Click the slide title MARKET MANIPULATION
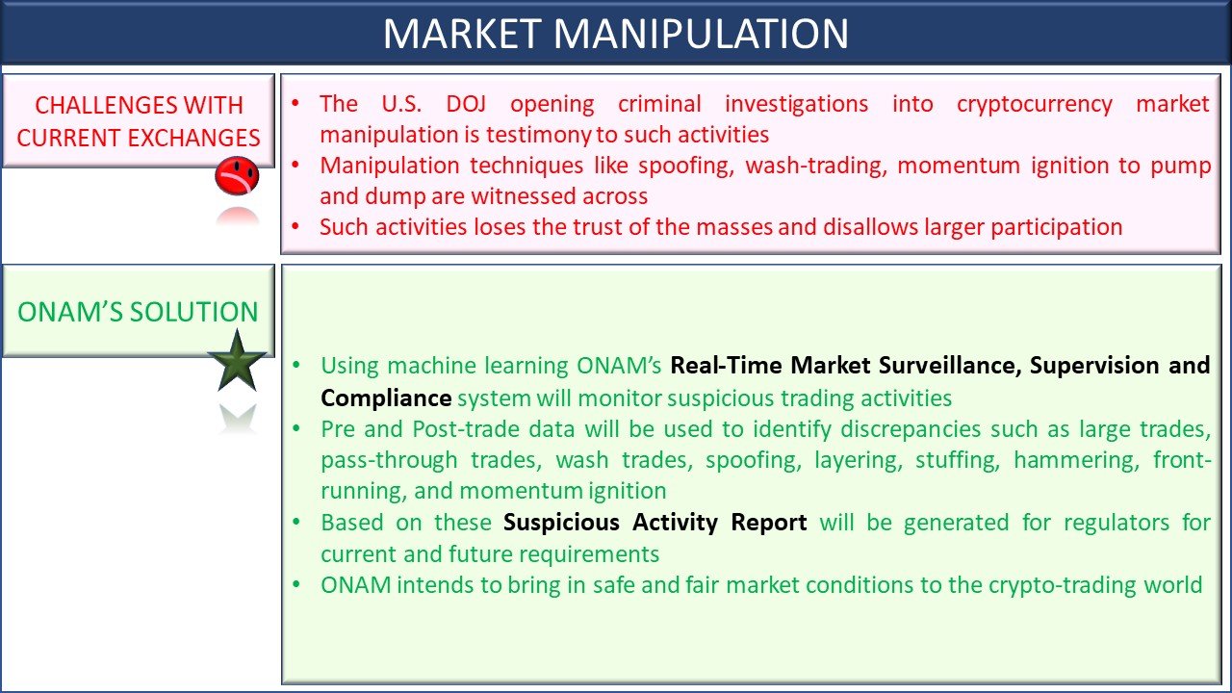click(x=616, y=34)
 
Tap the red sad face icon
click(x=237, y=176)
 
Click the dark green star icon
click(x=237, y=361)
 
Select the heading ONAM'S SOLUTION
click(x=138, y=312)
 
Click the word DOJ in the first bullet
click(x=466, y=104)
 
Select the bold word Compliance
click(x=386, y=398)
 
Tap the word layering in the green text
click(x=859, y=460)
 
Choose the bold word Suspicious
click(x=561, y=523)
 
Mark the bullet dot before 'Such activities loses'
click(x=295, y=225)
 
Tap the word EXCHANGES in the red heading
click(x=193, y=138)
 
